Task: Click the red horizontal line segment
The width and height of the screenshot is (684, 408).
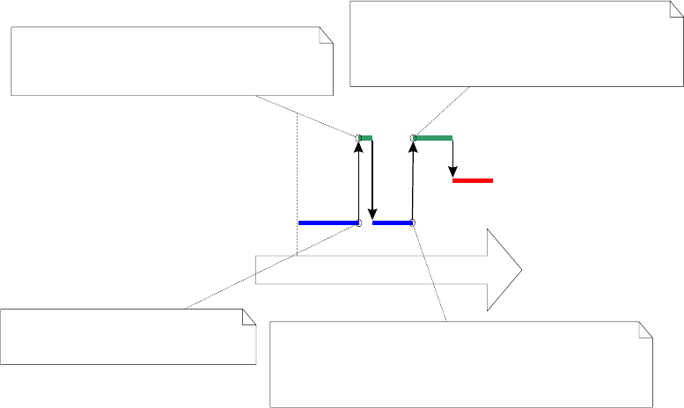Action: point(473,180)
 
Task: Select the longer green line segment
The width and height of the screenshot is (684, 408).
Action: point(434,138)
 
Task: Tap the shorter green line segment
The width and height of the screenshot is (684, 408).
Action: point(366,138)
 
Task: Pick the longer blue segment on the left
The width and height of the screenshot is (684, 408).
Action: point(327,223)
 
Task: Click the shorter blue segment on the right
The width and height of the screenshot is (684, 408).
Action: point(392,223)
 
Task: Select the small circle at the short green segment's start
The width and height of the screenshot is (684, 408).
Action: point(358,138)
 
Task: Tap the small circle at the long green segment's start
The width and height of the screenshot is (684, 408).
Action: point(413,138)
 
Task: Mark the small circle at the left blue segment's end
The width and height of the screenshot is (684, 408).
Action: point(358,223)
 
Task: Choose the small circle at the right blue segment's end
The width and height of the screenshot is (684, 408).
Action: point(412,223)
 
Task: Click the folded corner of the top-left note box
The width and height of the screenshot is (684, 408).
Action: point(326,35)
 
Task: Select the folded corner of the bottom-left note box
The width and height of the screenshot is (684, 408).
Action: point(249,316)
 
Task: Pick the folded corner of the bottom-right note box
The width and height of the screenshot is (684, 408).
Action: point(645,329)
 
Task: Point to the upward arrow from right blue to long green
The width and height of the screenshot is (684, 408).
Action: point(412,180)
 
